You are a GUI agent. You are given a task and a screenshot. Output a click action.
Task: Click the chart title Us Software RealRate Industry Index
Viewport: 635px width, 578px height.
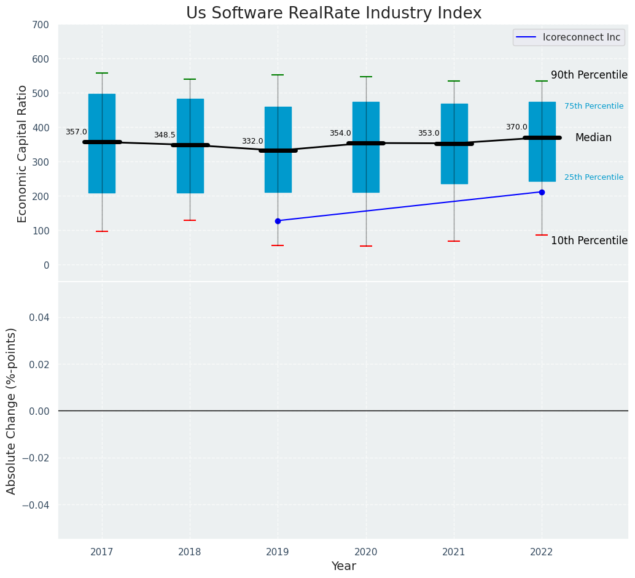tap(333, 13)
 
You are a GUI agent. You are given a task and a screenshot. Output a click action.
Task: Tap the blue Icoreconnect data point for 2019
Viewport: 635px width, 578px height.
tap(278, 221)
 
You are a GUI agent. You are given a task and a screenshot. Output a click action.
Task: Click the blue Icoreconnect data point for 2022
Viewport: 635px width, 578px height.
tap(542, 192)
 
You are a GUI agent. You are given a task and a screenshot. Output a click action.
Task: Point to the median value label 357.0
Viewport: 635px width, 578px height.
tap(76, 132)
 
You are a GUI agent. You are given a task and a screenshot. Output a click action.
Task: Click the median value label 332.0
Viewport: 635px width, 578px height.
tap(252, 141)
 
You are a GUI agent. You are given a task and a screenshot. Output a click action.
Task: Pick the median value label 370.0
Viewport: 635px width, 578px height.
tap(516, 127)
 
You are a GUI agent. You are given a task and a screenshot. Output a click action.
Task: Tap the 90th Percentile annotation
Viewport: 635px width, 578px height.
tap(588, 75)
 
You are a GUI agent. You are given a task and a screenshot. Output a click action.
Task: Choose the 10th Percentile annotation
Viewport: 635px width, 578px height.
tap(588, 241)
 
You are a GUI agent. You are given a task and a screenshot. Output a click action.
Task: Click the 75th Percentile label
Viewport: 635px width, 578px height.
tap(593, 106)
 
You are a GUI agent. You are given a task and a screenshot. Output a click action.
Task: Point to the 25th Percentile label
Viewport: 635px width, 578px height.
tap(593, 177)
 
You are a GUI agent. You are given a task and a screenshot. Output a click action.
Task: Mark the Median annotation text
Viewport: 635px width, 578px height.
tap(593, 138)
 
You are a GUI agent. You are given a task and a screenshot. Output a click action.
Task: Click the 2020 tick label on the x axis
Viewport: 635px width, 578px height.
tap(366, 552)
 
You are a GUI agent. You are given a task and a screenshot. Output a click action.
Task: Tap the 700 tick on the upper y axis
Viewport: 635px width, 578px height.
tap(40, 25)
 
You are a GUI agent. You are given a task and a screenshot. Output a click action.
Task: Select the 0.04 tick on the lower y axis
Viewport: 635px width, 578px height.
tap(41, 317)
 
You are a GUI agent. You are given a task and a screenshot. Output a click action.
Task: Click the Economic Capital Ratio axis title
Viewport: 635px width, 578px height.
tap(23, 153)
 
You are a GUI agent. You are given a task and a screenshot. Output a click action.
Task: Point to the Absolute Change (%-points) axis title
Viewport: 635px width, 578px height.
tap(12, 410)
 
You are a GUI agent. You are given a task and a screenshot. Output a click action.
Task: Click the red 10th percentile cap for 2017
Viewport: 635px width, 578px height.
tap(102, 231)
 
